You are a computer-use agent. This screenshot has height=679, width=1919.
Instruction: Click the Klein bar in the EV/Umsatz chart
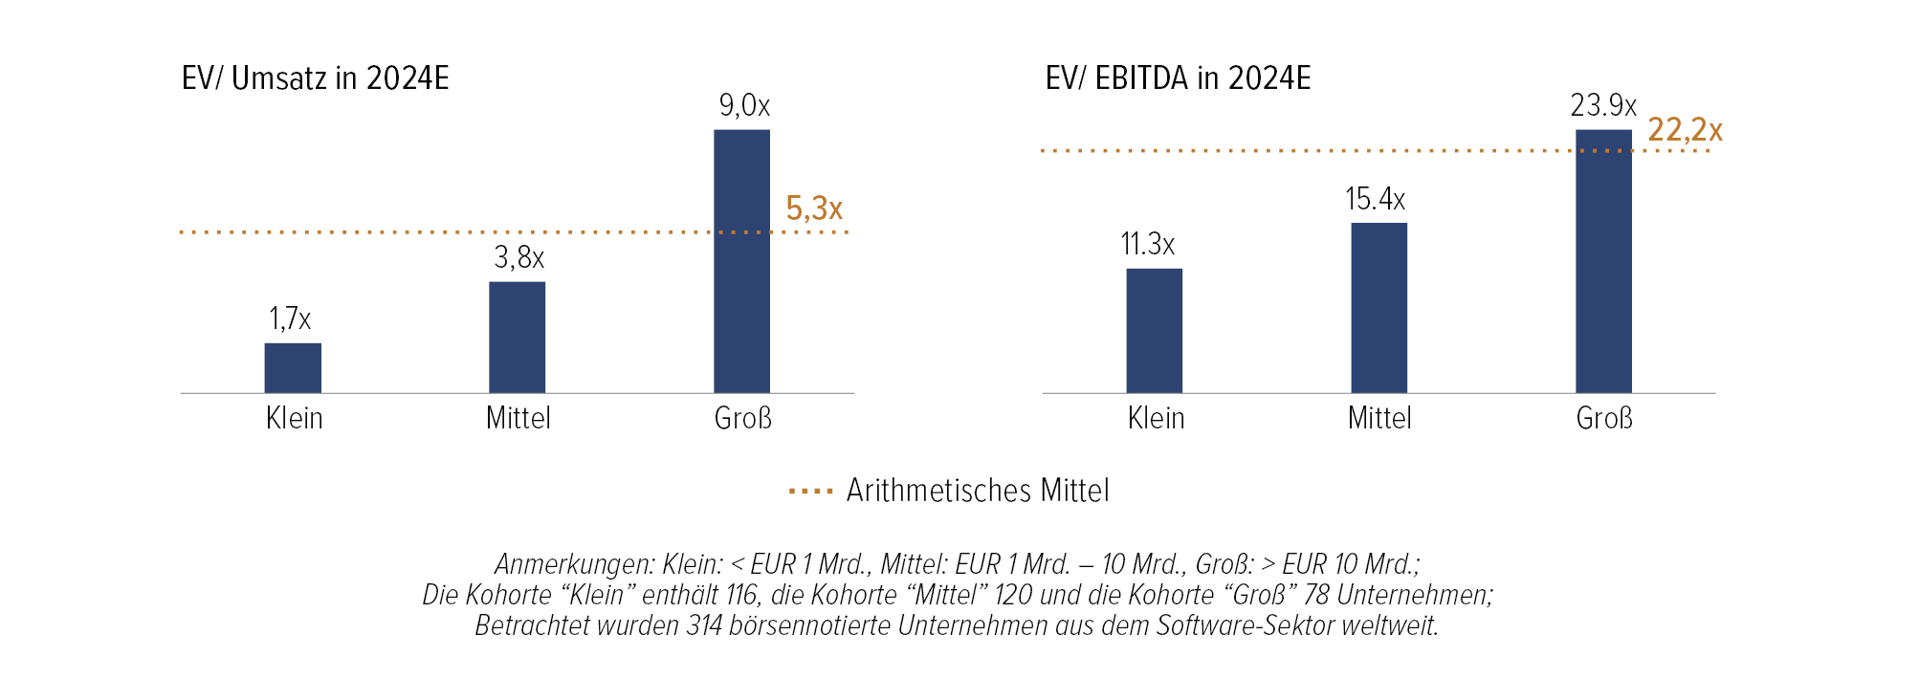click(x=293, y=368)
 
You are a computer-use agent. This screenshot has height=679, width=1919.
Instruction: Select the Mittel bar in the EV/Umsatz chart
click(x=518, y=338)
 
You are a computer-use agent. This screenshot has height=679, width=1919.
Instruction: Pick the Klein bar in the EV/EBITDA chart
click(x=1154, y=331)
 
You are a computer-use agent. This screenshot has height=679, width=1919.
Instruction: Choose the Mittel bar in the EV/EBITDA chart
click(x=1379, y=308)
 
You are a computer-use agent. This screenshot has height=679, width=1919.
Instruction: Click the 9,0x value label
click(x=744, y=105)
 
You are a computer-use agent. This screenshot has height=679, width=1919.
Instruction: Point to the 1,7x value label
click(x=290, y=318)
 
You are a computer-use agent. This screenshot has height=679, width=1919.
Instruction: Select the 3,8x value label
click(x=518, y=257)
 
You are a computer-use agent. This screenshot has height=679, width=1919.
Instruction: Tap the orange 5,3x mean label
click(x=814, y=208)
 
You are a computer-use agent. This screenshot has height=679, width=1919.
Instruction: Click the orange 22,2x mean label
click(x=1685, y=130)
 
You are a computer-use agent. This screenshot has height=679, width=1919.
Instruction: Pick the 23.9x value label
click(x=1603, y=105)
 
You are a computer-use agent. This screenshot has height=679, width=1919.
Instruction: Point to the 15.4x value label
click(x=1375, y=199)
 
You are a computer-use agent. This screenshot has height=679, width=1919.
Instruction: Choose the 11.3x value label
click(x=1147, y=244)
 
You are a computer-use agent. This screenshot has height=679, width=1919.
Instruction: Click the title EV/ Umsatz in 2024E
click(x=316, y=78)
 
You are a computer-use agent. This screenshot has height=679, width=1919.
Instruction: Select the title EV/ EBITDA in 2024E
click(x=1178, y=78)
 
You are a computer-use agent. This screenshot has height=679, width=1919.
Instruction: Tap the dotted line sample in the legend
click(x=811, y=492)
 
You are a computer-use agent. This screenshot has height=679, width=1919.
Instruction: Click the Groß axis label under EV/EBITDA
click(x=1604, y=419)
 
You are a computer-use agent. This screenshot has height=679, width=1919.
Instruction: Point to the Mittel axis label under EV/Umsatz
click(x=518, y=419)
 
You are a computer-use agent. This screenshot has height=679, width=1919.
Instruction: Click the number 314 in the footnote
click(x=704, y=625)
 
